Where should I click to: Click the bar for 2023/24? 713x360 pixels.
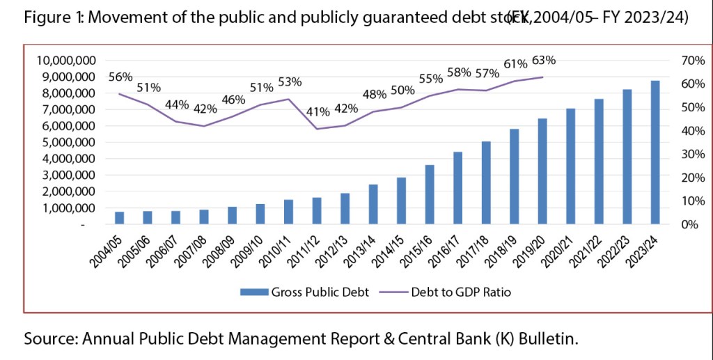[655, 152]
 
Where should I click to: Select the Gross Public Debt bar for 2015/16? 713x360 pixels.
[430, 194]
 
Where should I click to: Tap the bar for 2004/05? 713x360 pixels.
[120, 218]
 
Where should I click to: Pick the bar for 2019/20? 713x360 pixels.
[542, 171]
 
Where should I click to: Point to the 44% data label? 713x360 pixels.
[177, 104]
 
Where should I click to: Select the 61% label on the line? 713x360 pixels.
[514, 64]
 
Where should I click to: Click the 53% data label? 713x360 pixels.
[289, 82]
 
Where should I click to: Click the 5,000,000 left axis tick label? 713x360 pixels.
[68, 143]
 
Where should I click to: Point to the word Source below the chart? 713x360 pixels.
[51, 339]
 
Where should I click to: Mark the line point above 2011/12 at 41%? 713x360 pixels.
[317, 129]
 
